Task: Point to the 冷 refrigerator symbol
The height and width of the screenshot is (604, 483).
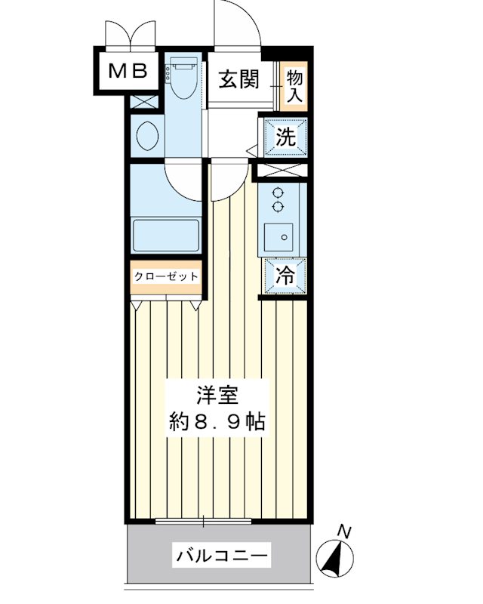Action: (285, 277)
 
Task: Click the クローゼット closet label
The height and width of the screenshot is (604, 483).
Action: (166, 276)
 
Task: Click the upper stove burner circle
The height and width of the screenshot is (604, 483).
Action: (278, 192)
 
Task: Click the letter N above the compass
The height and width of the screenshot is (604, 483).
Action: (343, 531)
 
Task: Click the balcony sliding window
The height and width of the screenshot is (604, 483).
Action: (205, 521)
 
